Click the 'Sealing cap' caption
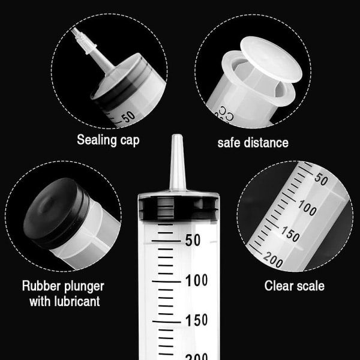coord(108,140)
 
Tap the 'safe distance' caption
coord(253,143)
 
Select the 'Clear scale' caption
coord(295,286)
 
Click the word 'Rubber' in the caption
coord(41,286)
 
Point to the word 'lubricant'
coord(77,301)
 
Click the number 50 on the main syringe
coord(193,241)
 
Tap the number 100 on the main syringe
coord(197,280)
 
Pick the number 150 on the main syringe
coord(197,320)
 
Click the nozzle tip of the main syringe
coord(177,136)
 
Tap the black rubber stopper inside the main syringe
coord(179,208)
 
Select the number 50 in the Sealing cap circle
coord(128,117)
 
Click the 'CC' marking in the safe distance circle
coord(226,113)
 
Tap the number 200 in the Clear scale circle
coord(273,260)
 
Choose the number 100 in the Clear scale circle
coord(307,208)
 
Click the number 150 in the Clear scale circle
coord(290,234)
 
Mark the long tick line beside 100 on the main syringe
coord(166,281)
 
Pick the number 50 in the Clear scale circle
coord(321,179)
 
